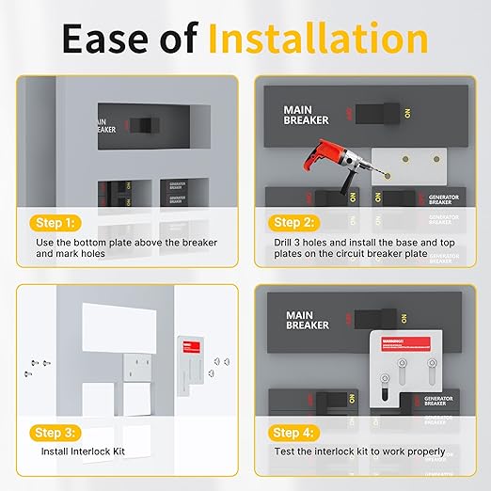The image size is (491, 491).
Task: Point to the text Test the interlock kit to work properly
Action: (x=358, y=451)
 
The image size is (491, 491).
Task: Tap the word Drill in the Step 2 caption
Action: (x=282, y=243)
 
